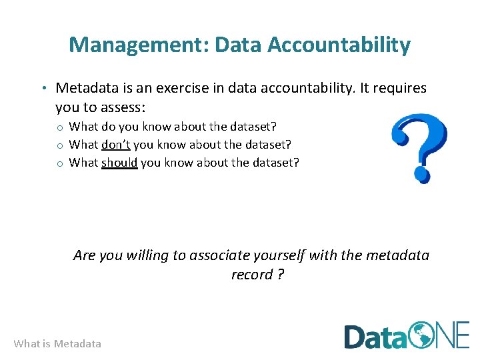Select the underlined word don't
coord(115,144)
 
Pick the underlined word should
coord(119,162)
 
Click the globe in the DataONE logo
coord(422,335)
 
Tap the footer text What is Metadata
coord(57,344)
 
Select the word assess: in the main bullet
coord(124,107)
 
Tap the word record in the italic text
coord(252,274)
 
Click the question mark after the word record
coord(281,274)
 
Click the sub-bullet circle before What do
coord(59,127)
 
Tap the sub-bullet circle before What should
coord(59,163)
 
